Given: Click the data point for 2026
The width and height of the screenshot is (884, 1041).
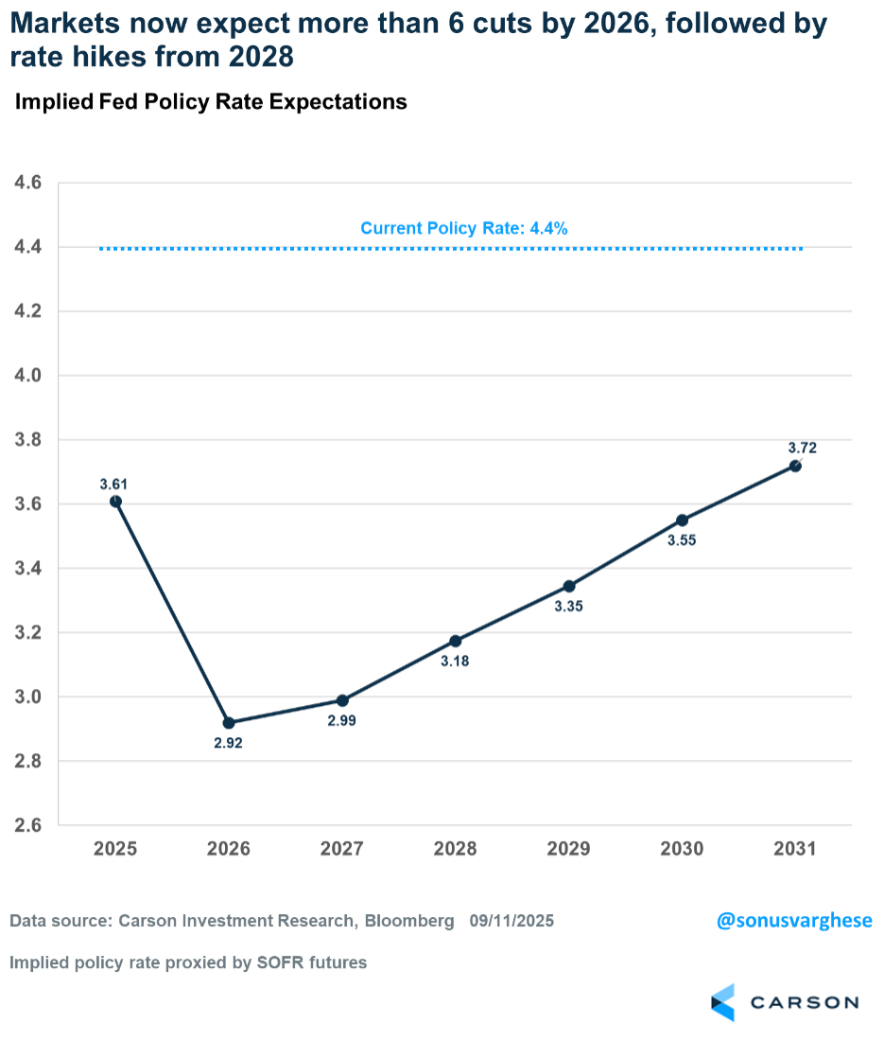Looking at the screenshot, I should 229,723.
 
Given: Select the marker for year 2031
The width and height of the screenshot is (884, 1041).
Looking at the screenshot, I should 795,466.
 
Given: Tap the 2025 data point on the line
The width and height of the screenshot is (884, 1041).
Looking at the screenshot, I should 115,502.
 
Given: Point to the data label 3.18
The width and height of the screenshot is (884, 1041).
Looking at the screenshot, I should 455,662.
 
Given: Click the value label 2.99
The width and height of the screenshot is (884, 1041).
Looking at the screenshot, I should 342,722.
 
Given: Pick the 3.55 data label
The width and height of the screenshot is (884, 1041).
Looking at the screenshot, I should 682,541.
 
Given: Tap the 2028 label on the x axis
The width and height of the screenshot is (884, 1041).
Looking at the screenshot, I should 455,849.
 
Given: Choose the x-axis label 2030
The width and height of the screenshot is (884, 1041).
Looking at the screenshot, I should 682,849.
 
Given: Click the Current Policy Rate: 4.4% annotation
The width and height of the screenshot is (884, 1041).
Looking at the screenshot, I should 463,228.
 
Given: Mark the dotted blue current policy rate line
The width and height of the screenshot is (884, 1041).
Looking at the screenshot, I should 284,249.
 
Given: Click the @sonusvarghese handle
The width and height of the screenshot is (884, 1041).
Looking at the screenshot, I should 793,921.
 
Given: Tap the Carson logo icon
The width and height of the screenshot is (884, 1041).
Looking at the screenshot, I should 723,1002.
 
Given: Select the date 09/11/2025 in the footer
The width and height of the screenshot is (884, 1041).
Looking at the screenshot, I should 511,921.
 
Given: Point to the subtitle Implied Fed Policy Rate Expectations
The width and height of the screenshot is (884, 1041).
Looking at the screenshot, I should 211,102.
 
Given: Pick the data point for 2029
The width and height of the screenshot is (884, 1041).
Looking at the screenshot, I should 568,587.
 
